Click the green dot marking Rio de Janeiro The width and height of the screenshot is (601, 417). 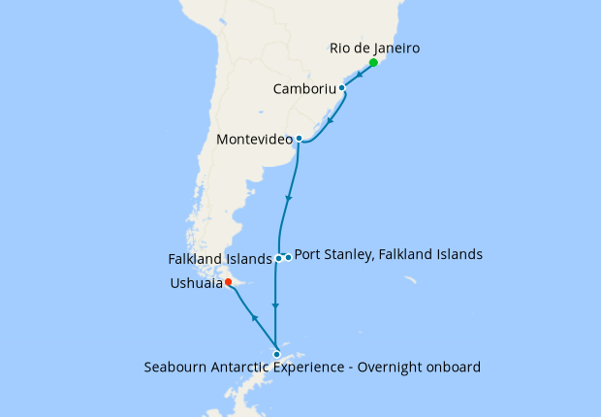click(373, 62)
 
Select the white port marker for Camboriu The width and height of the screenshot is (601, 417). click(341, 88)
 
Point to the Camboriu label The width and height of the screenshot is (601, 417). click(304, 88)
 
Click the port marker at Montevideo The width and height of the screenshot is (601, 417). click(299, 139)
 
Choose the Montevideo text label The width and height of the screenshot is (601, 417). click(255, 140)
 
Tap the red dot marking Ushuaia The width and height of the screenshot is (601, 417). click(228, 283)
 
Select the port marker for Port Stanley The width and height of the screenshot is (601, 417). click(288, 257)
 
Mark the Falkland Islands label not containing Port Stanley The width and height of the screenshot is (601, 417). click(220, 259)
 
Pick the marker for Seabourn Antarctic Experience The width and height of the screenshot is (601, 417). click(276, 354)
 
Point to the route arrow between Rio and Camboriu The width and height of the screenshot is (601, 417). click(360, 74)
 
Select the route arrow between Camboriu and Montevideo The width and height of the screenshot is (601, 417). click(332, 123)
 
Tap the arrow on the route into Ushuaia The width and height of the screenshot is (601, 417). click(254, 318)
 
